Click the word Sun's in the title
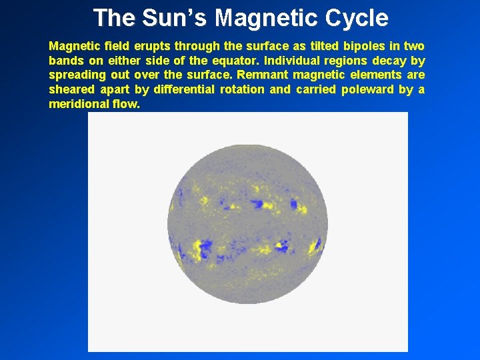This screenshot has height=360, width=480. [169, 18]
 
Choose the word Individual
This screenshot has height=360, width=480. [294, 61]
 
